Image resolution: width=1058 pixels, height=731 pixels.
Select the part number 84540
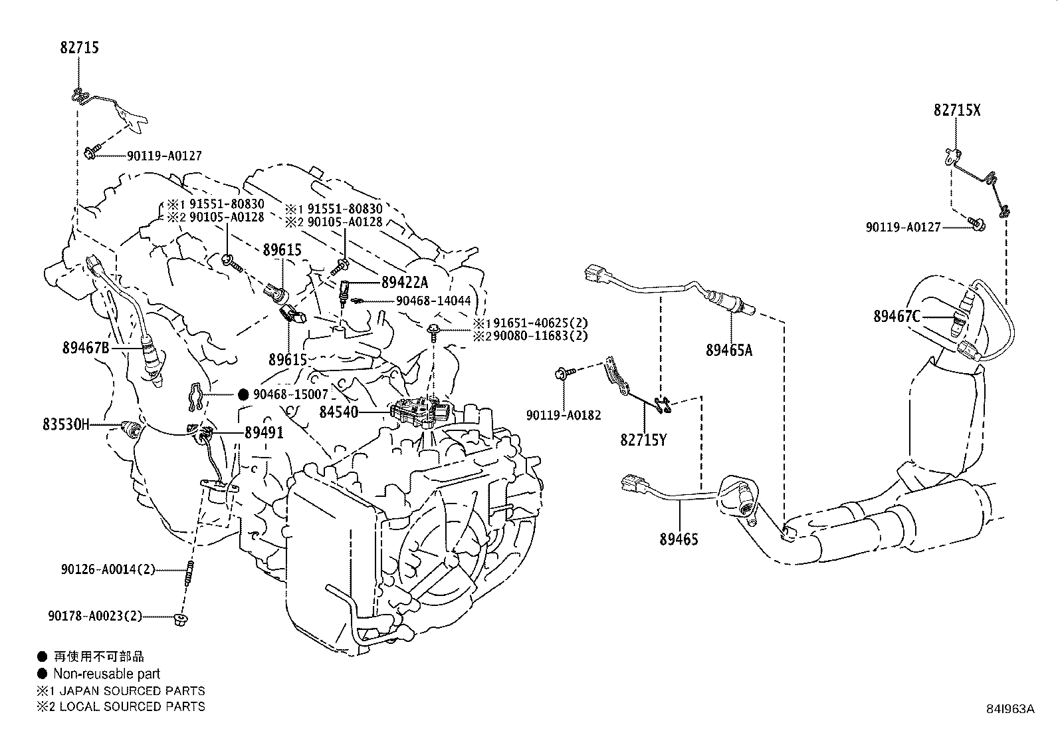[x=338, y=412]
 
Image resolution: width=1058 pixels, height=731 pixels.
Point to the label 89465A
[x=729, y=350]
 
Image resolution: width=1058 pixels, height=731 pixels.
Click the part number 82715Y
[x=643, y=440]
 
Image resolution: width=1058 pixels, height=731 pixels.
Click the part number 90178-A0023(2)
[x=95, y=616]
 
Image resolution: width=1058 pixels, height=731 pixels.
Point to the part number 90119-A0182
[x=564, y=415]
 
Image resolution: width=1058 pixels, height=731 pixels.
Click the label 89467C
[x=897, y=317]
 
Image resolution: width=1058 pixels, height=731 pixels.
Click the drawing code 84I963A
[x=1010, y=709]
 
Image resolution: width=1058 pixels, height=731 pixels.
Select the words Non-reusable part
[x=107, y=674]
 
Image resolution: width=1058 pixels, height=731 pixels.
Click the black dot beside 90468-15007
[x=243, y=394]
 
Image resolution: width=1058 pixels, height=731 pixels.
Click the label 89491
[x=264, y=432]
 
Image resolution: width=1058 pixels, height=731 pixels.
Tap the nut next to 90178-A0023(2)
[x=178, y=619]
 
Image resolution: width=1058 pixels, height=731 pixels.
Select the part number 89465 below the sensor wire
[x=679, y=539]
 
